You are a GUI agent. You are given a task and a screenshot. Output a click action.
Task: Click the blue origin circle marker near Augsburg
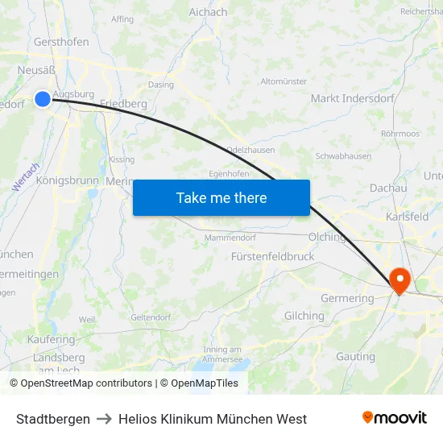point(43,99)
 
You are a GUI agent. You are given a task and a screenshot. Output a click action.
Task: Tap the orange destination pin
point(400,279)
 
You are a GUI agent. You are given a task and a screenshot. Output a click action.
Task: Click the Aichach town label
point(208,12)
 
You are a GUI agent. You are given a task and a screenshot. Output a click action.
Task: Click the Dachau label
point(388,188)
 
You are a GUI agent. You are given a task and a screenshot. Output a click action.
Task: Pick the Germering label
point(348,298)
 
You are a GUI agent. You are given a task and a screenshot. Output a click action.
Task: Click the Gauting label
point(355,356)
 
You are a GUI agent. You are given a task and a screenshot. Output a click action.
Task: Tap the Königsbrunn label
point(67,180)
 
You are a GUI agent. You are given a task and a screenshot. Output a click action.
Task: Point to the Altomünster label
point(284,81)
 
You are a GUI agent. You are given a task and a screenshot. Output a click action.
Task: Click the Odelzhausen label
point(250,150)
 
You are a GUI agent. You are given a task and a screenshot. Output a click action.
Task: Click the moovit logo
point(394,417)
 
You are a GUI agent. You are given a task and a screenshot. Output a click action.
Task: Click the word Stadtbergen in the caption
point(53,419)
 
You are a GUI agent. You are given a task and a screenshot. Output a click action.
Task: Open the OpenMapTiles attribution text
point(199,383)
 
